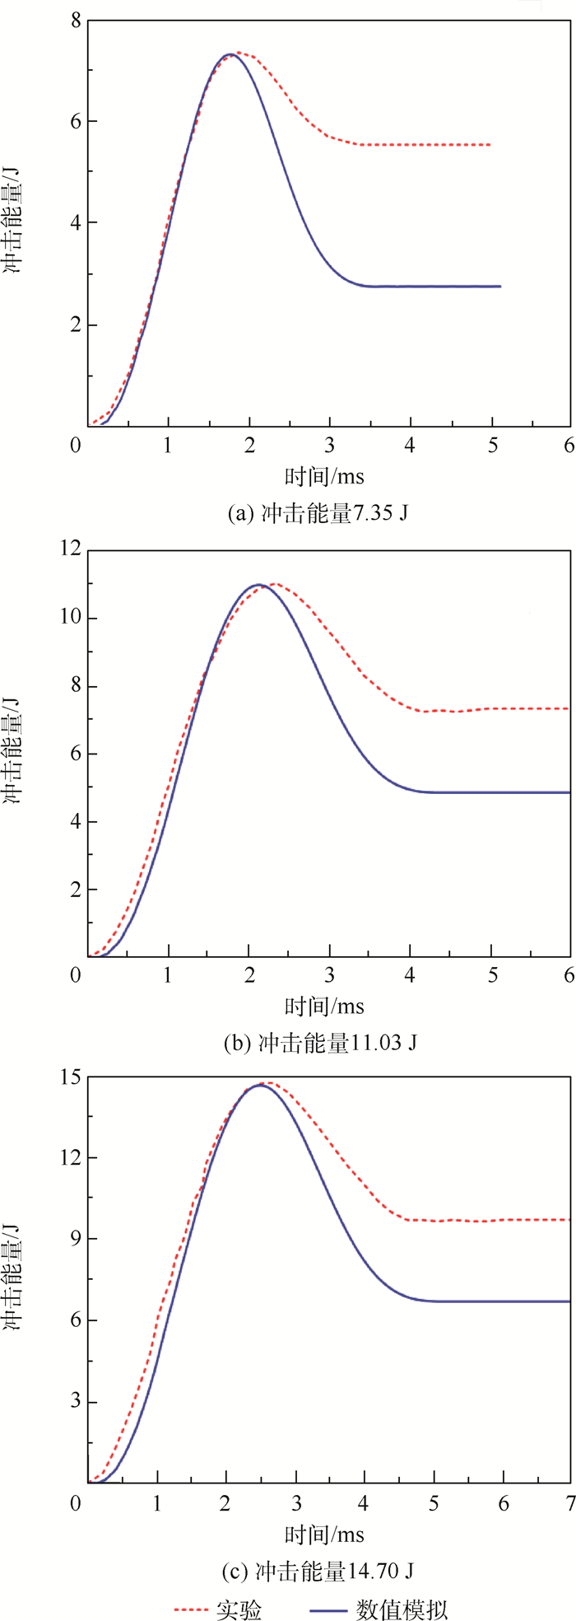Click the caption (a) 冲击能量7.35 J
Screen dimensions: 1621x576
[x=318, y=514]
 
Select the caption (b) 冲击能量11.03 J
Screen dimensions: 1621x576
[x=320, y=1044]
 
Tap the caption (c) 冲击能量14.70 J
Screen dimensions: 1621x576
[x=318, y=1572]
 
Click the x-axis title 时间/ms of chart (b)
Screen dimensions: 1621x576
[x=324, y=1006]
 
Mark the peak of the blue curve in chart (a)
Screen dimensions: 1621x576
[x=229, y=54]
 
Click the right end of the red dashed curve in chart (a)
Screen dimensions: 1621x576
[x=490, y=145]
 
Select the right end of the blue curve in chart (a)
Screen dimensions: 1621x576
[x=499, y=287]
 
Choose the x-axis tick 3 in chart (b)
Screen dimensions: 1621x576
[x=329, y=974]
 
